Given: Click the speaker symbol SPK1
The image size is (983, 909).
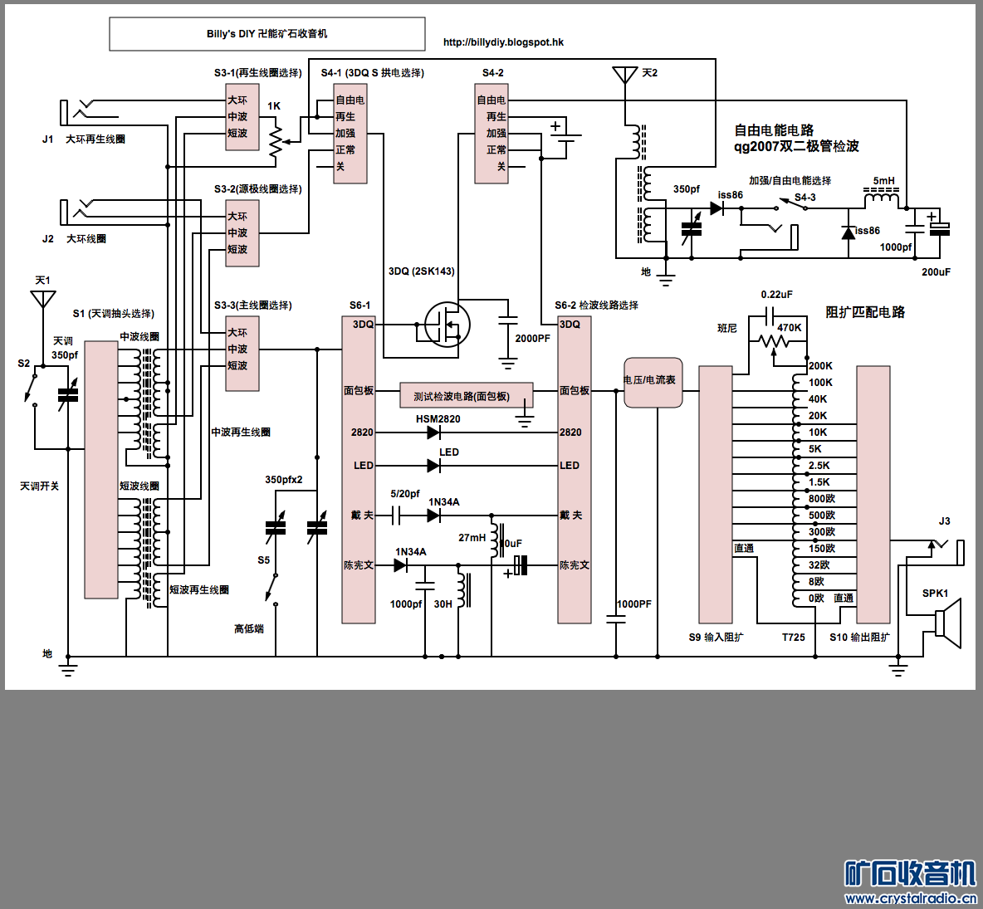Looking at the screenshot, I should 948,623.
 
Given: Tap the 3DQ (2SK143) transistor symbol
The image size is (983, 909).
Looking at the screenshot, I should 447,325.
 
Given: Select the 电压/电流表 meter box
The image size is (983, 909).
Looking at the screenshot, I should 653,382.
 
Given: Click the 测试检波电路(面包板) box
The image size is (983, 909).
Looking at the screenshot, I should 466,396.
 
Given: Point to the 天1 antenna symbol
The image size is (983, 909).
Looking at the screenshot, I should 43,299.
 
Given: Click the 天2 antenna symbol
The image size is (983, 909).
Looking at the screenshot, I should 624,76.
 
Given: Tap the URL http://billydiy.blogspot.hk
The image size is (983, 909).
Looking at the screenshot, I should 503,42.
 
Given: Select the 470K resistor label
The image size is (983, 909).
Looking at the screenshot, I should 789,328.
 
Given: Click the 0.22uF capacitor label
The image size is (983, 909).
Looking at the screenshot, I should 776,295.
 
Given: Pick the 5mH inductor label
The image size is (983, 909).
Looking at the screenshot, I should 883,181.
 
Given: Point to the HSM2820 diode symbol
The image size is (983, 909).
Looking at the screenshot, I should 433,433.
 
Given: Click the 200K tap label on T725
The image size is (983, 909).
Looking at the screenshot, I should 820,366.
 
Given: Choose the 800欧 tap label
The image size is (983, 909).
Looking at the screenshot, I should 822,499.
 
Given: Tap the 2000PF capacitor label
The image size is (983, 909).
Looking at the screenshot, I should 532,339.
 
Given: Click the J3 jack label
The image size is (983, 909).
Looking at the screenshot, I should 944,521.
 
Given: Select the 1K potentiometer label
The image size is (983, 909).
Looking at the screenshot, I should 274,106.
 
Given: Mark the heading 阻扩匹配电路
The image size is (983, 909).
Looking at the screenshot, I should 865,312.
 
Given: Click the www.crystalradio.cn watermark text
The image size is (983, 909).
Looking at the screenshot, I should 910,898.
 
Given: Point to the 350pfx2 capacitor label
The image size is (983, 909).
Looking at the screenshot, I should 284,480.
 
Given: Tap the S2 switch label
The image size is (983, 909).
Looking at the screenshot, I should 24,364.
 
